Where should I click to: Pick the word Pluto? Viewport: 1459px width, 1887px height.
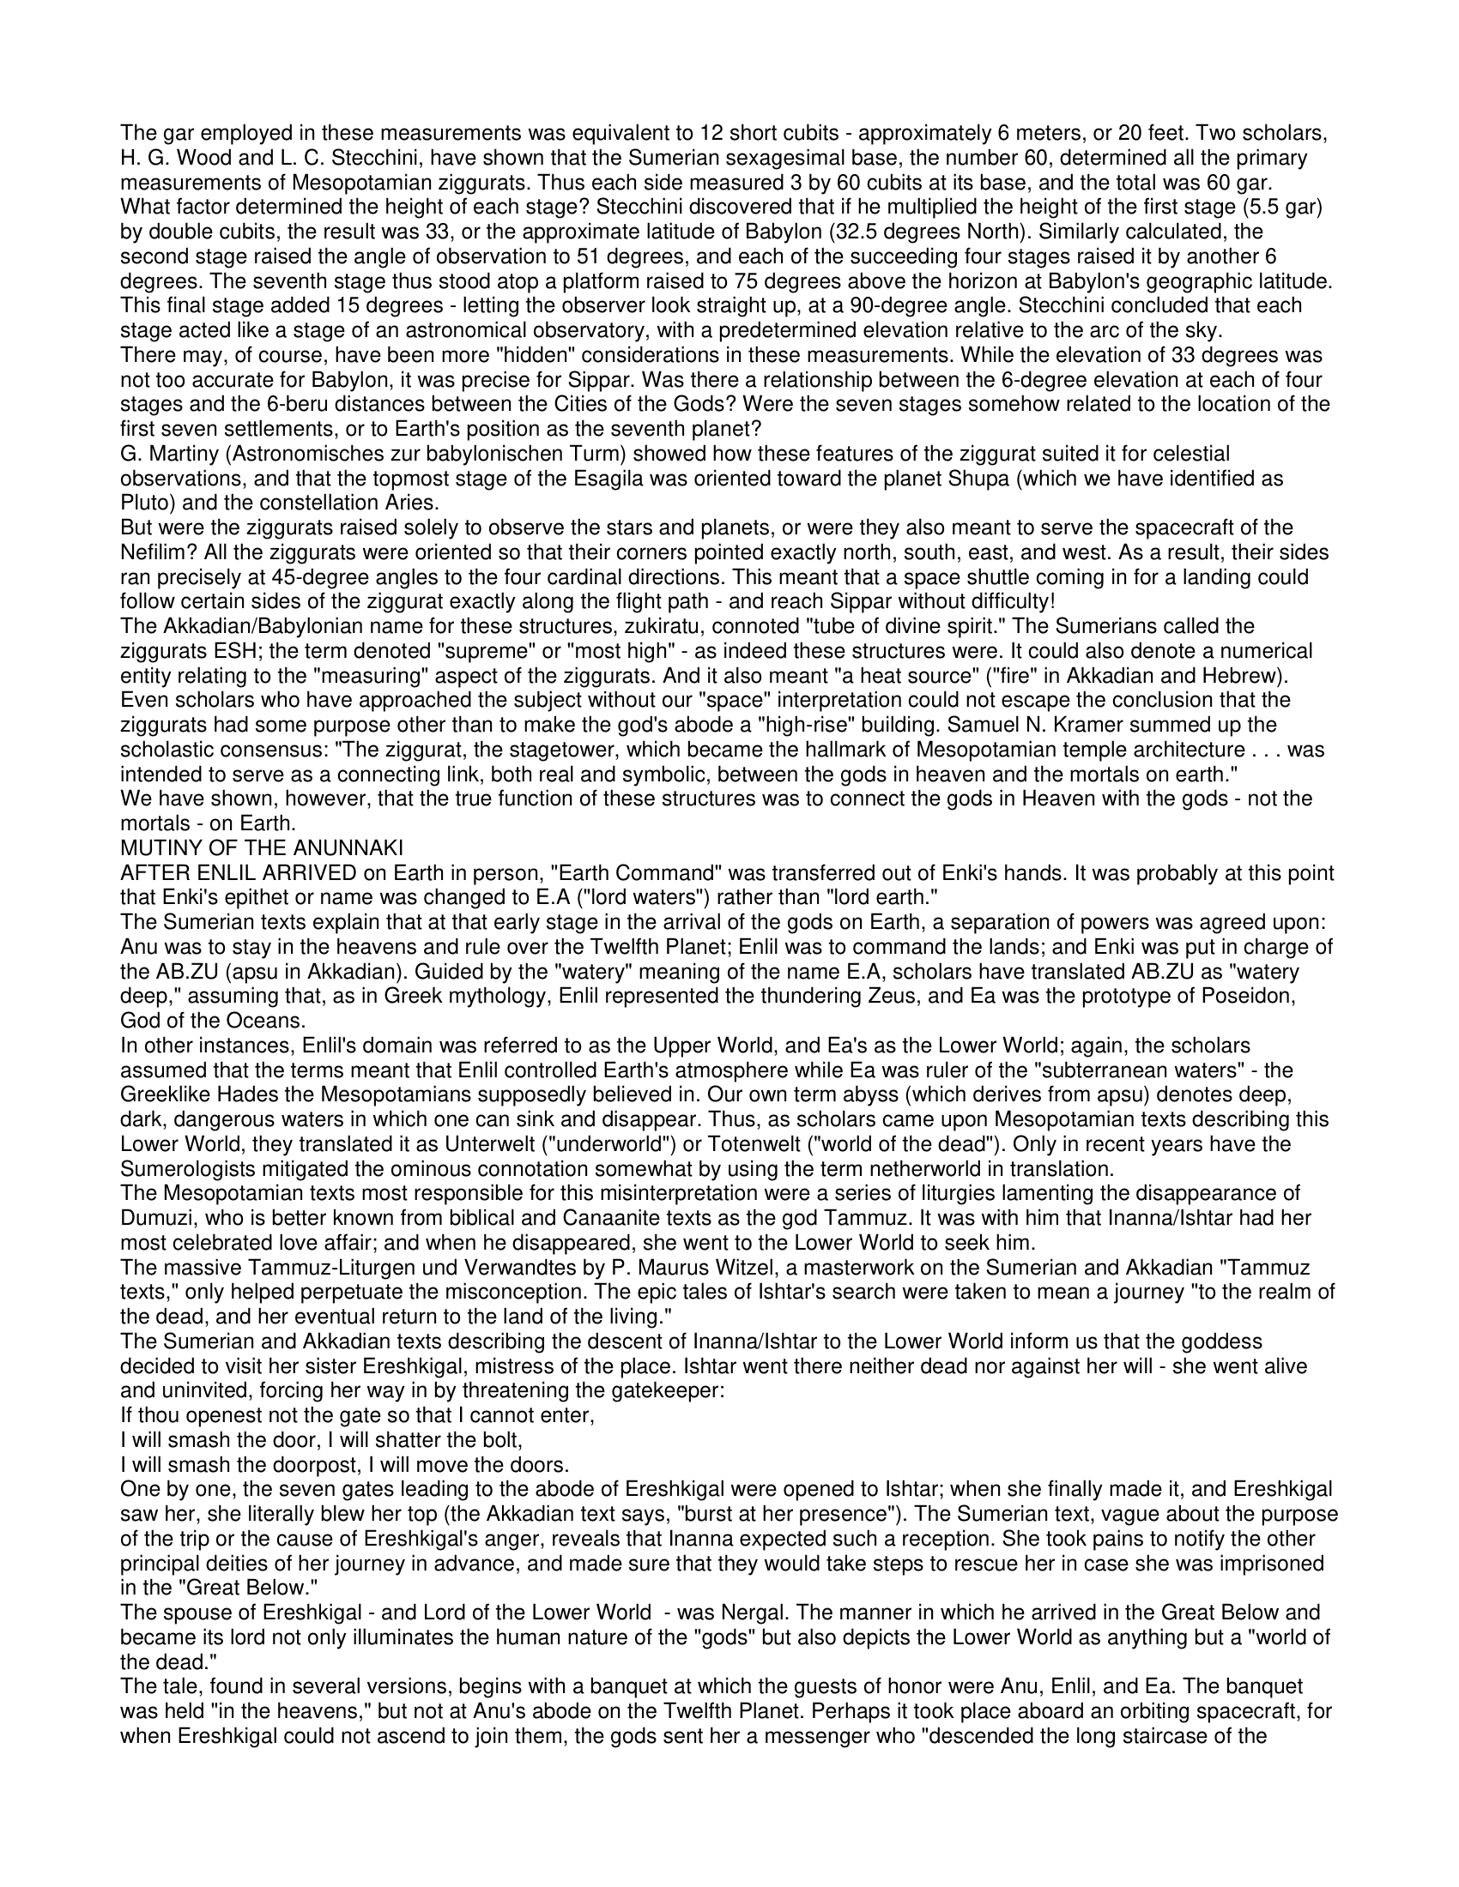coord(142,503)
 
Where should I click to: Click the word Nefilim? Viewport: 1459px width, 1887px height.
coord(148,552)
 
